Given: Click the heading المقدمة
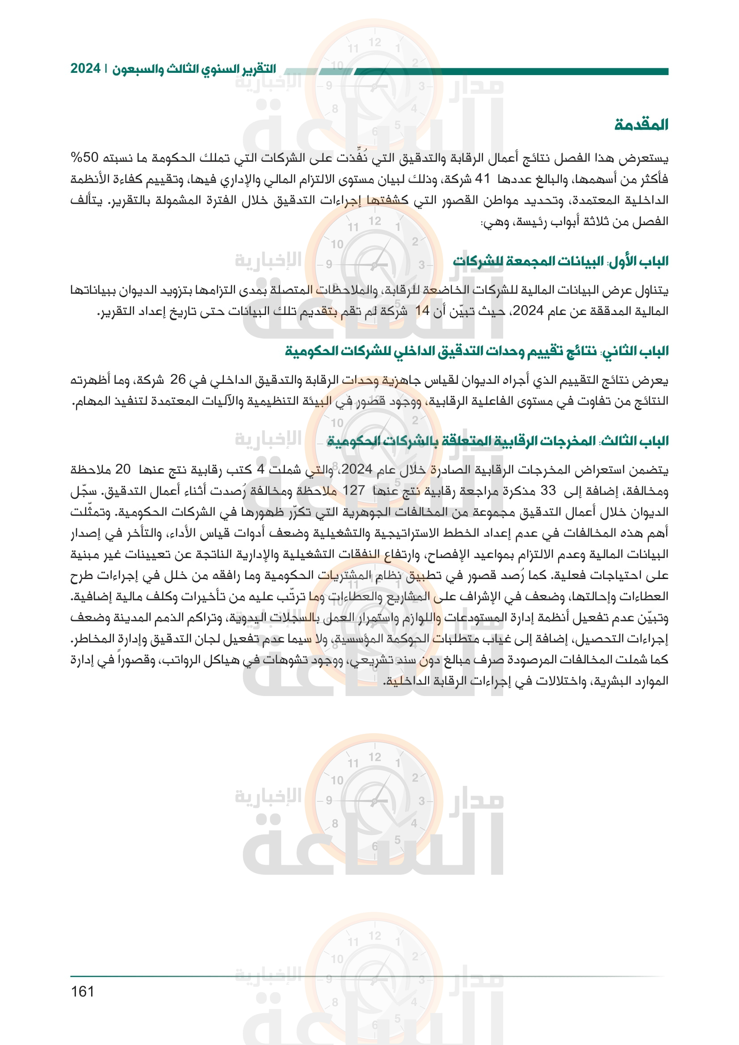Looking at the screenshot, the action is tap(641, 124).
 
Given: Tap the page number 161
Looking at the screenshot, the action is tap(82, 991).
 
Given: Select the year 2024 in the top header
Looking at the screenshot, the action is tap(85, 69).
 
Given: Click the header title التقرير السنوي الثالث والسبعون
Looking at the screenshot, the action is tap(194, 69).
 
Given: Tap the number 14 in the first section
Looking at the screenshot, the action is tap(423, 311).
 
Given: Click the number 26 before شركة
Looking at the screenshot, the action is tap(178, 379).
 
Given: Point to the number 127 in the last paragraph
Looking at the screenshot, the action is tap(353, 490).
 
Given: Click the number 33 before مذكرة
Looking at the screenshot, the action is tap(548, 490).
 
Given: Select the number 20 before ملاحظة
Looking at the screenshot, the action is tap(123, 469).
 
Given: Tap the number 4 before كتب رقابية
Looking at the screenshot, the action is tap(260, 469).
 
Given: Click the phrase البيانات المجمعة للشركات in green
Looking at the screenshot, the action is tap(528, 261).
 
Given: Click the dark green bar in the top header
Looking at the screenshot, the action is tap(510, 71).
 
